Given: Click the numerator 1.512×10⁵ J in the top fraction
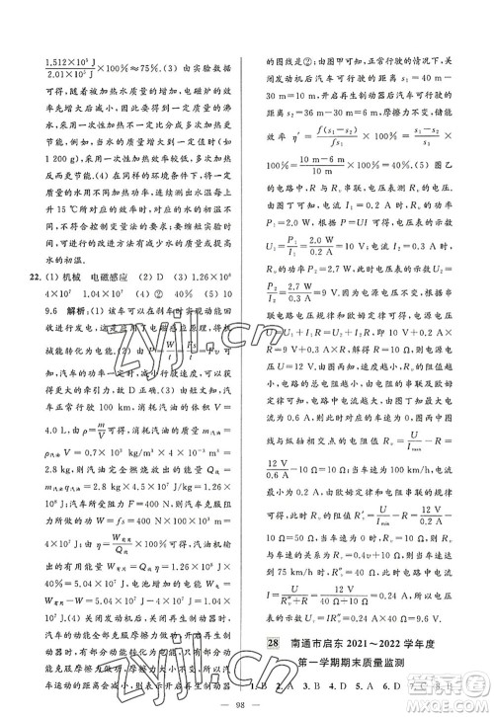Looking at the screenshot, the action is (x=70, y=59).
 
